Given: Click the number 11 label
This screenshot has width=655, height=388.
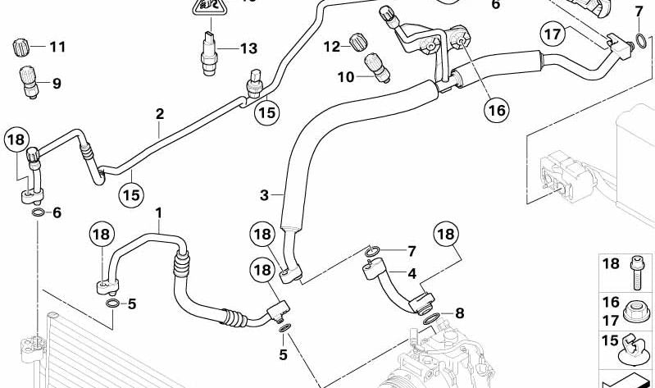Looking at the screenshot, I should tap(56, 47).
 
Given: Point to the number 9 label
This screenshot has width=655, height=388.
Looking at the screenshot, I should tap(56, 83).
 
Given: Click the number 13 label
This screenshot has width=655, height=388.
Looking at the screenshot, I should tap(248, 48).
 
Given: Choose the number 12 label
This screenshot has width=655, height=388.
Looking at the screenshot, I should tap(331, 47).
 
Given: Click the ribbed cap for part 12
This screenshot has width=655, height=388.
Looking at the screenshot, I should tap(357, 42).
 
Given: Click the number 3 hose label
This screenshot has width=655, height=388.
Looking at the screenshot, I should tap(264, 194).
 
